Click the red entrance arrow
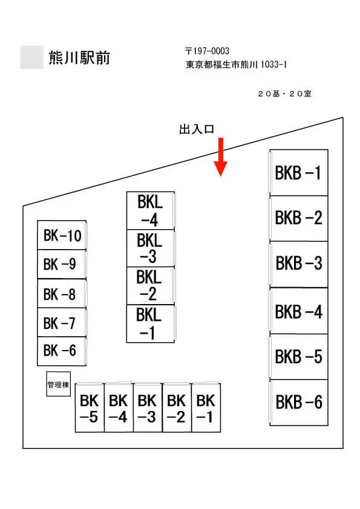[221, 157]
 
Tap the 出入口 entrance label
[197, 129]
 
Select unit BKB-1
[299, 172]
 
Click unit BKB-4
[299, 311]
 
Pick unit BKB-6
[299, 403]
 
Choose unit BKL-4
[151, 211]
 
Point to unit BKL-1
[151, 323]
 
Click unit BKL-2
[151, 286]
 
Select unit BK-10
[62, 235]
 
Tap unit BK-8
[62, 293]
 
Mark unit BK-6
[62, 351]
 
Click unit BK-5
[90, 408]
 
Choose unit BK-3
[148, 408]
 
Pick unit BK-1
[206, 408]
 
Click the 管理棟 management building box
[59, 384]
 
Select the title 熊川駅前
[80, 58]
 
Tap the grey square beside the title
[32, 57]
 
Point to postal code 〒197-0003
[207, 51]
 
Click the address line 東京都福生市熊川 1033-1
[236, 64]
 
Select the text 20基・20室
[284, 94]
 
